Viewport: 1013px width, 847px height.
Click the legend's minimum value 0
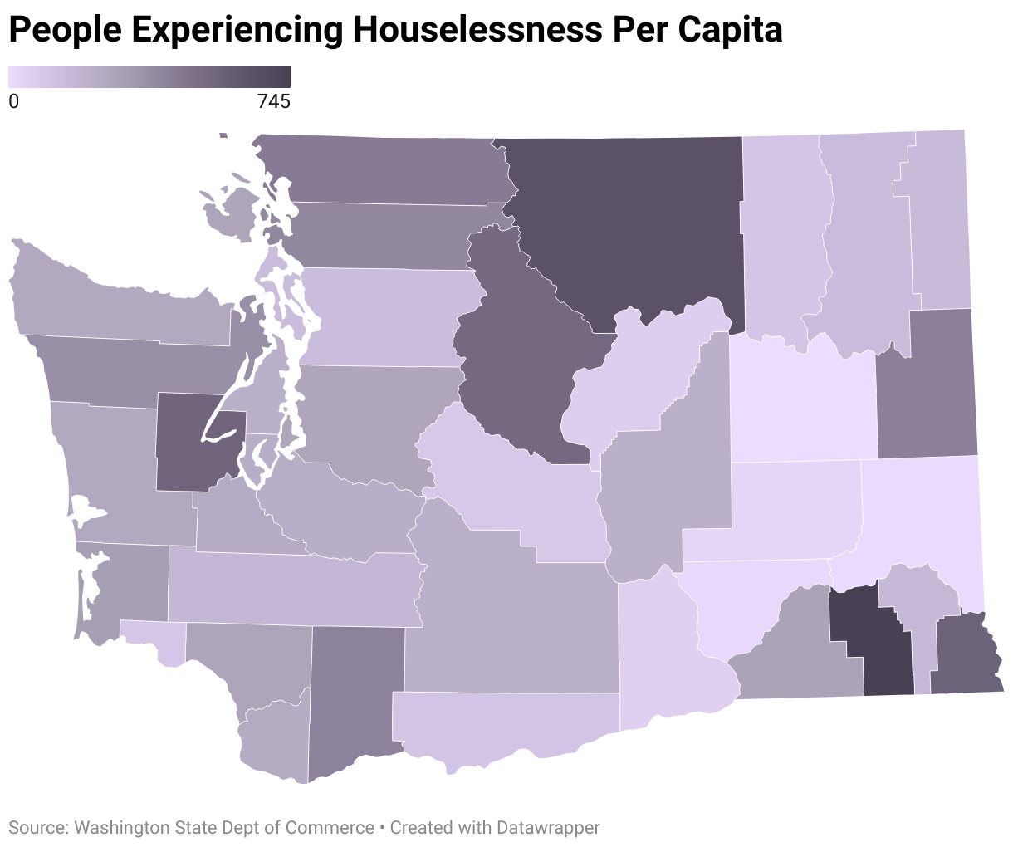(13, 102)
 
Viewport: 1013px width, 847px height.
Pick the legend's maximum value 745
(273, 102)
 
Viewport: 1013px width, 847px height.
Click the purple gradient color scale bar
(149, 77)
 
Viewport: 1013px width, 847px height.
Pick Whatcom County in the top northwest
(382, 170)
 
